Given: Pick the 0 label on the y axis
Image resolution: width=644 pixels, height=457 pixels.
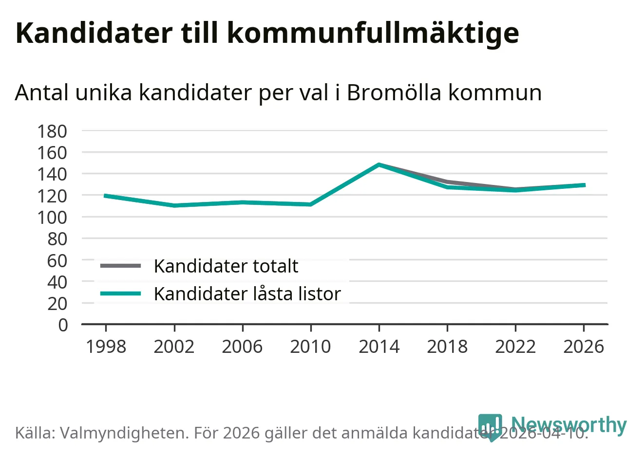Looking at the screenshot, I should click(63, 325).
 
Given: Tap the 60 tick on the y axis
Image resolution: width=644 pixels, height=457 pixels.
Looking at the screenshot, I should click(57, 260).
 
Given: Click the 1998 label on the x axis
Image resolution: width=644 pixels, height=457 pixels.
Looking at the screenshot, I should click(106, 347).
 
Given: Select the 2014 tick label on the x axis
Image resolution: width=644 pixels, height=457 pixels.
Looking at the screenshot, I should click(379, 347).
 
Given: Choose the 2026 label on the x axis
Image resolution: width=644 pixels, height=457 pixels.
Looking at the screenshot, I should click(584, 347).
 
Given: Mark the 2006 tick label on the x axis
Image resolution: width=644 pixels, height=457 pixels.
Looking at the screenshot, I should click(242, 347).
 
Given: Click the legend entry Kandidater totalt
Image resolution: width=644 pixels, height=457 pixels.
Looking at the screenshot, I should click(226, 266).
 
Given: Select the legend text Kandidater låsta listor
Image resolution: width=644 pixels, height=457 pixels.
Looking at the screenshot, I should click(247, 294).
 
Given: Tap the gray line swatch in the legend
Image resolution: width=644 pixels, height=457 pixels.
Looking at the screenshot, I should click(120, 266).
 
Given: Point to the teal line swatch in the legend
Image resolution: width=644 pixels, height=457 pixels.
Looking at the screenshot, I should click(120, 293).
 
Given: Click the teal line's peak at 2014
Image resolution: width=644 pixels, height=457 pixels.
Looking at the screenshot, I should click(379, 165).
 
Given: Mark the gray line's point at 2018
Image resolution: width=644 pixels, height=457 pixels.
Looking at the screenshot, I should click(447, 182).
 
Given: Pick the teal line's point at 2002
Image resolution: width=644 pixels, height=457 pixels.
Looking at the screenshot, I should click(174, 205).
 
